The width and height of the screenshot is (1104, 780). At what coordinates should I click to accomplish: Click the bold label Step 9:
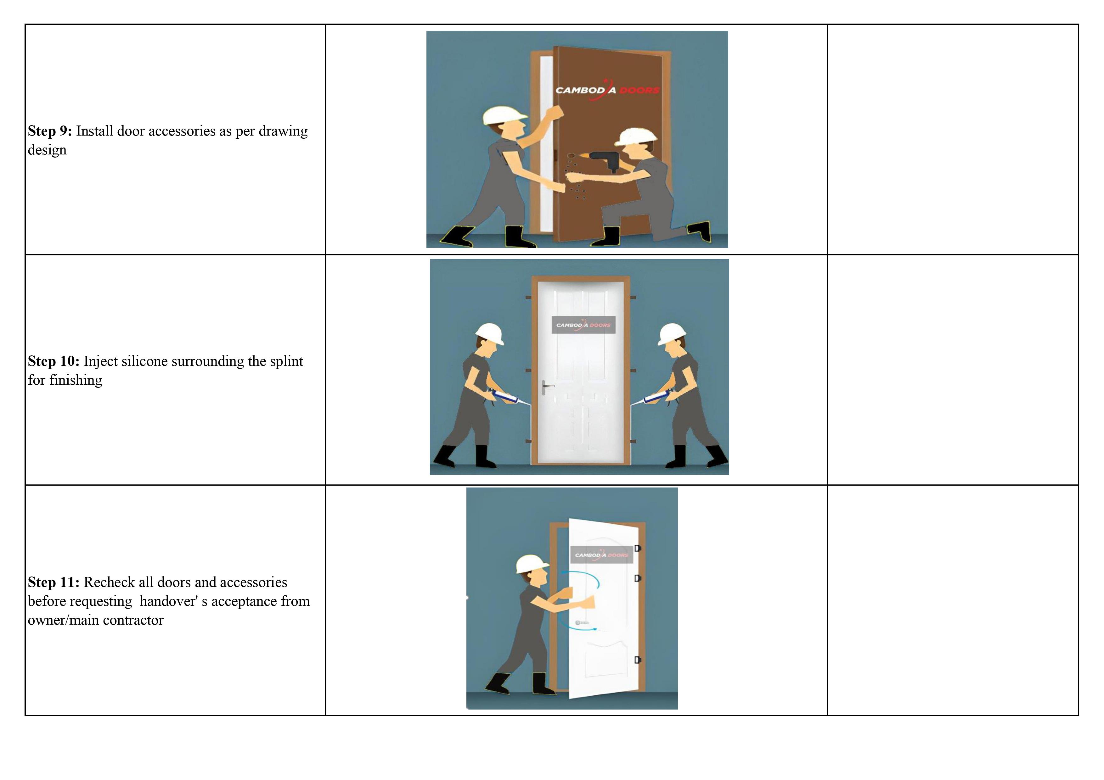click(49, 131)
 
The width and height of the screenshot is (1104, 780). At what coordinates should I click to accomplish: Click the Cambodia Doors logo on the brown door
click(607, 90)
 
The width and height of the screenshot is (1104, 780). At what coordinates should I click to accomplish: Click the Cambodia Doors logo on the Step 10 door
click(583, 325)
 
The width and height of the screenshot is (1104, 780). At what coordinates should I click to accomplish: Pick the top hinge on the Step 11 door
click(638, 548)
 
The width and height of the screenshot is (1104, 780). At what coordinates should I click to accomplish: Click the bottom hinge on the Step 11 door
click(638, 660)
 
